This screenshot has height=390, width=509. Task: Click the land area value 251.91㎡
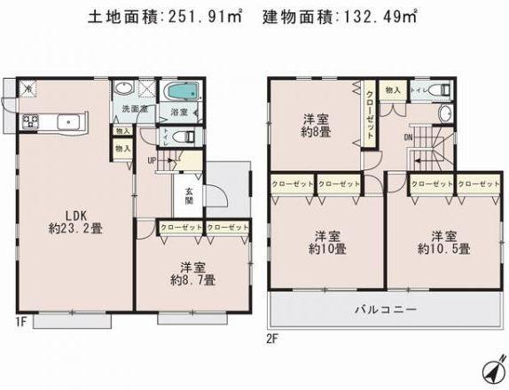click(206, 17)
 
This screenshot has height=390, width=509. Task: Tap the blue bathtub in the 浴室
click(181, 94)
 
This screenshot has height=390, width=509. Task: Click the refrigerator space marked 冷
click(28, 90)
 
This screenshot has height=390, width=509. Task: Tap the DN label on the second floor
click(407, 137)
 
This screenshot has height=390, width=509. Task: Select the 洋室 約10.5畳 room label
click(444, 242)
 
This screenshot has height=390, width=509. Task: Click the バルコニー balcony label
click(388, 311)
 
